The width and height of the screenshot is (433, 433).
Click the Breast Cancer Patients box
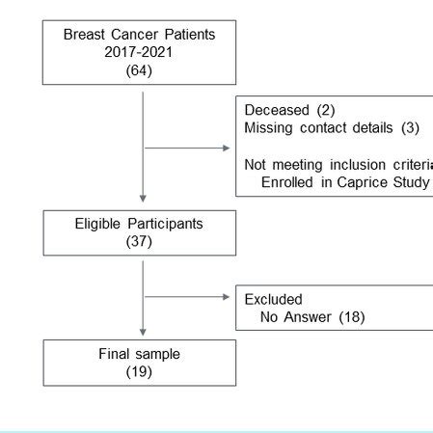[139, 51]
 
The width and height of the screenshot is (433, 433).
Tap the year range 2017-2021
[139, 51]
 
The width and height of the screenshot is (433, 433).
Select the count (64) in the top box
[139, 68]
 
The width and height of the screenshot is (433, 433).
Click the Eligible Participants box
[139, 232]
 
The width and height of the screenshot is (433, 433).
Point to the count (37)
[139, 241]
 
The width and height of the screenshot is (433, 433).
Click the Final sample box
[139, 362]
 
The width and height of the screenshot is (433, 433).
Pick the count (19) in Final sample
[139, 371]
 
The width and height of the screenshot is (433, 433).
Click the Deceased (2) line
[288, 111]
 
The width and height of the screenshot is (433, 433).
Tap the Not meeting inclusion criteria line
[338, 163]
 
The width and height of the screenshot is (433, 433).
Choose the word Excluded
[273, 299]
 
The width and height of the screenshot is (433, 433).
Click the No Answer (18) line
[312, 317]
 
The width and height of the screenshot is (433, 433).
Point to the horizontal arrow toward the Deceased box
[187, 148]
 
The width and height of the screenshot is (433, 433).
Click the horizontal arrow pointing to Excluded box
[187, 296]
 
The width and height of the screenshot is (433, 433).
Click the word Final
[114, 354]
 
